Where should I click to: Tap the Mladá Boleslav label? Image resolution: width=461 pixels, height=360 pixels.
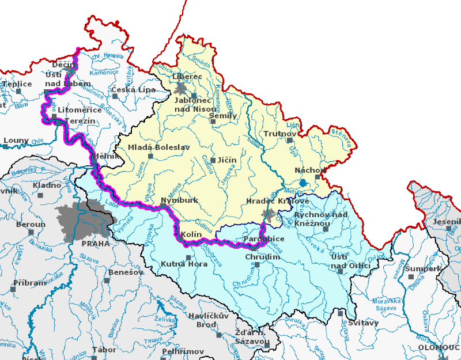coord(159,147)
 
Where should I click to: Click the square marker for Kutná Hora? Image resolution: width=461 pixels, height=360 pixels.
coord(188,257)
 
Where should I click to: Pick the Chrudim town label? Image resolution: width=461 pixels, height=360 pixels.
coord(262,257)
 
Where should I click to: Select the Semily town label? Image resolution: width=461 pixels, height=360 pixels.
coord(223,115)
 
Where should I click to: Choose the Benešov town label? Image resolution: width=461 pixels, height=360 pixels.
coord(124,271)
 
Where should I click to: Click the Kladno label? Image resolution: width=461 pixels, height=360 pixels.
coord(47,185)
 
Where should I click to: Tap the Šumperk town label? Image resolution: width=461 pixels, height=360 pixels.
coord(422,268)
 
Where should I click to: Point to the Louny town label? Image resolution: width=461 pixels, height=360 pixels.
coord(16,140)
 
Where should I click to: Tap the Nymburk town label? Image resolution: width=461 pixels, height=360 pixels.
coord(180,200)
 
